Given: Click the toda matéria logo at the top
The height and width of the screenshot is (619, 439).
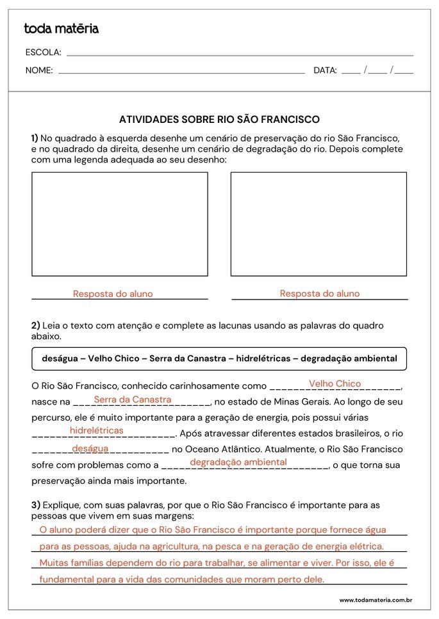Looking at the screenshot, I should click(x=61, y=29).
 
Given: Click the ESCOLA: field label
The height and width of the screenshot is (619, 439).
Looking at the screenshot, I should click(x=43, y=52).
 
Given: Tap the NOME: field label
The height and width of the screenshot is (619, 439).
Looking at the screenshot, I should click(x=39, y=70).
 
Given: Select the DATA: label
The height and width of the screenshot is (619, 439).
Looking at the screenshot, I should click(x=325, y=70).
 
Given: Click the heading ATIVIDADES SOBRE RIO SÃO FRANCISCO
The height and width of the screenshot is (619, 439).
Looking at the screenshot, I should click(x=219, y=120).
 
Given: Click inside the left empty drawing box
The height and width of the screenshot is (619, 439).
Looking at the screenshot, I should click(x=120, y=224).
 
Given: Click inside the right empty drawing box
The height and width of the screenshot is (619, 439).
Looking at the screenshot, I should click(x=319, y=224).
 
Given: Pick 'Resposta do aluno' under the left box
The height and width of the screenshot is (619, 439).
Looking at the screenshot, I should click(x=113, y=294).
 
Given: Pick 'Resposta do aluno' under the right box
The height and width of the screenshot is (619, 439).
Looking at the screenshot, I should click(x=320, y=293).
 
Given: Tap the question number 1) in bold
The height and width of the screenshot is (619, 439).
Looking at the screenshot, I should click(x=35, y=138).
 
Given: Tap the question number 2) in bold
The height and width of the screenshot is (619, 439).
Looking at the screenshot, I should click(x=35, y=325).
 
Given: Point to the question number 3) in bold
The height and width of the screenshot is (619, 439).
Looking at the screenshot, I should click(x=35, y=505).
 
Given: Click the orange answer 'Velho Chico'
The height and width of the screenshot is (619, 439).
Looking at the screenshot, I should click(x=335, y=383).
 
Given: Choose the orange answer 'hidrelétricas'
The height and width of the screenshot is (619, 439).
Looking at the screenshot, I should click(x=96, y=431).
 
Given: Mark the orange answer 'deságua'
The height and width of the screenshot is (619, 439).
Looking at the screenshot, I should click(x=90, y=449).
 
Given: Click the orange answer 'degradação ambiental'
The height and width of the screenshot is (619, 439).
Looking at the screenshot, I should click(x=238, y=462).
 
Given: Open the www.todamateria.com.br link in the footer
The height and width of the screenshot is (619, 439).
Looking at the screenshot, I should click(x=375, y=600).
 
